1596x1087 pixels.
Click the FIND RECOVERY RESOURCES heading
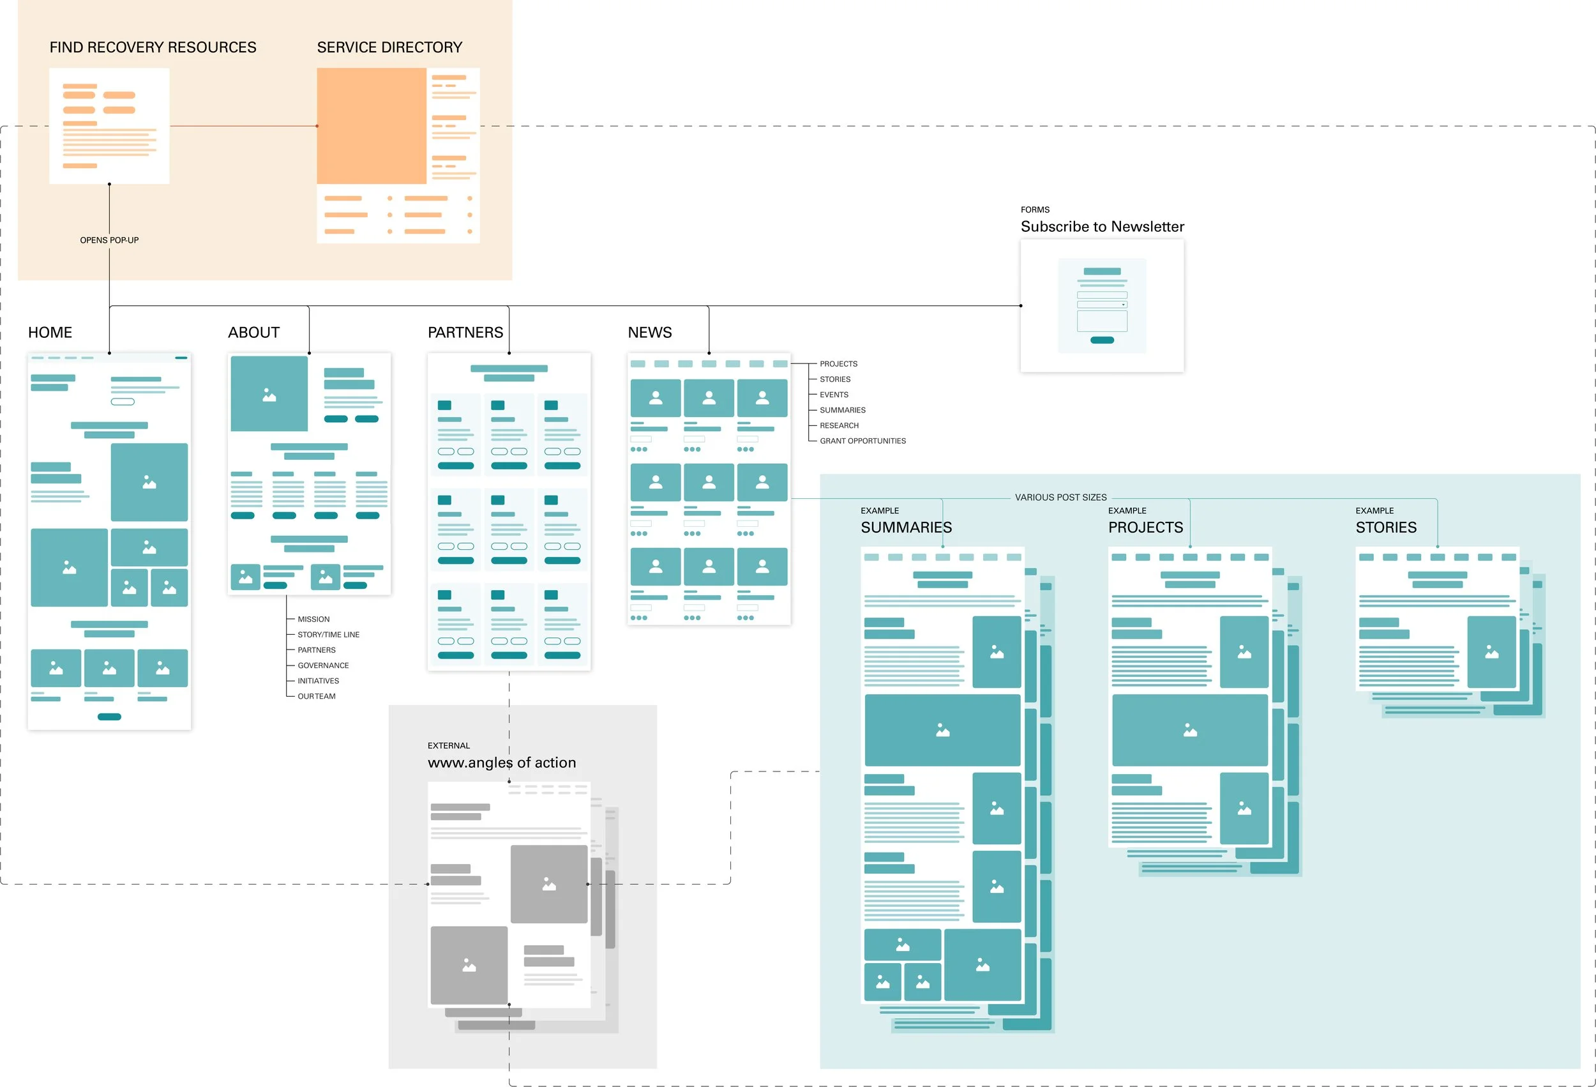click(153, 47)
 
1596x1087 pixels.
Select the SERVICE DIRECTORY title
click(389, 47)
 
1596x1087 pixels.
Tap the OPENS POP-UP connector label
click(109, 239)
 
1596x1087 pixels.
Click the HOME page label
click(50, 333)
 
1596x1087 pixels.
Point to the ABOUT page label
click(253, 333)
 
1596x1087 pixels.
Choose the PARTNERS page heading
click(465, 333)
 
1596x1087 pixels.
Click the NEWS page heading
click(649, 333)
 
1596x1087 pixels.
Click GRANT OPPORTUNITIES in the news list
click(862, 441)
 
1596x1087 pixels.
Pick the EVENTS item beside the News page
click(834, 395)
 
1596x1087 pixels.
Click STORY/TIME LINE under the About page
click(328, 635)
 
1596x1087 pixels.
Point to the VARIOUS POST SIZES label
click(1060, 498)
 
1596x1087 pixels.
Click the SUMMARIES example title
click(906, 528)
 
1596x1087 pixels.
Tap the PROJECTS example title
click(1145, 528)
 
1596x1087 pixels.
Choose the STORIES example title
click(1385, 528)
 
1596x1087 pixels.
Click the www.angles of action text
click(501, 763)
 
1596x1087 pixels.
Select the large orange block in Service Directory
click(372, 126)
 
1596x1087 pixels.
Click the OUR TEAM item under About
click(316, 697)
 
